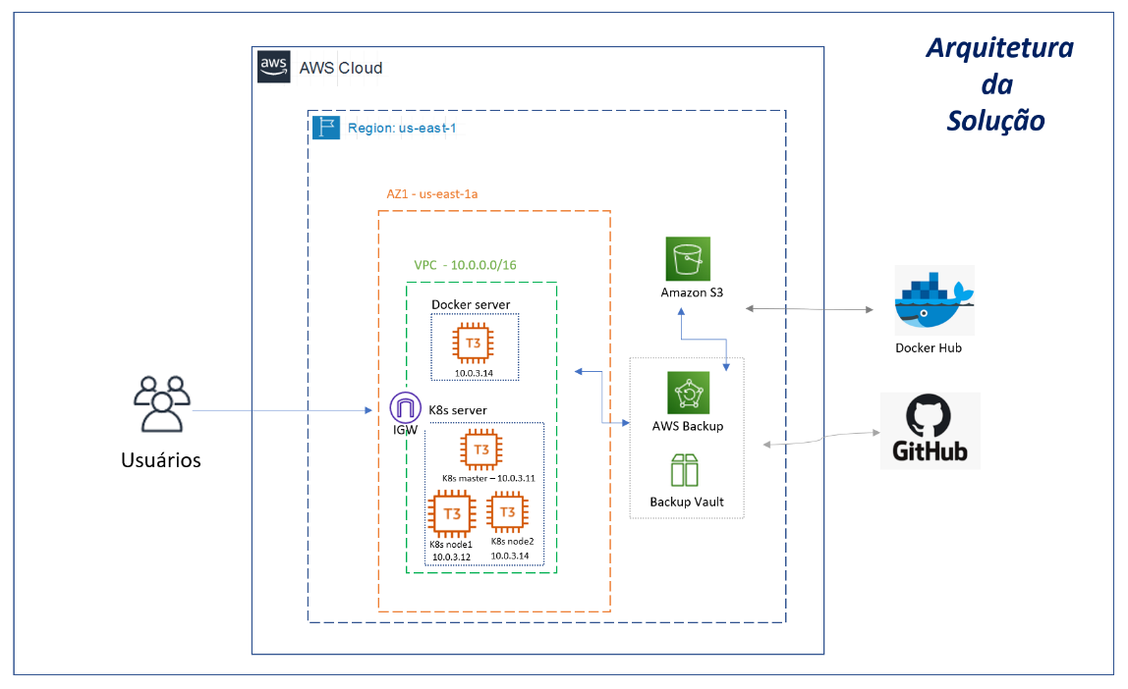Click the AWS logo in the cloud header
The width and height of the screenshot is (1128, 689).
click(274, 67)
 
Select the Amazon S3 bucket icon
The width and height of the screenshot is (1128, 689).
click(687, 259)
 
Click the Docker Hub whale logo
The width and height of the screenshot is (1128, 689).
click(933, 300)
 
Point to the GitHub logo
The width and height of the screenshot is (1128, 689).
click(930, 431)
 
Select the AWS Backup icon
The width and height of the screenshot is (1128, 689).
click(688, 392)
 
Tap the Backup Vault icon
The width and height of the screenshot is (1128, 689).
click(686, 470)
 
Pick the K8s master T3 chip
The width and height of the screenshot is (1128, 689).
click(481, 450)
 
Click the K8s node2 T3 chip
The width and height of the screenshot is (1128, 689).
click(508, 511)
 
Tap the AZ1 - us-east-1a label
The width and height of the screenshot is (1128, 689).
click(432, 193)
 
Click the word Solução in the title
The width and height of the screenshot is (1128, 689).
click(995, 120)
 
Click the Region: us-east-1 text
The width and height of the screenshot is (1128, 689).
click(401, 128)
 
